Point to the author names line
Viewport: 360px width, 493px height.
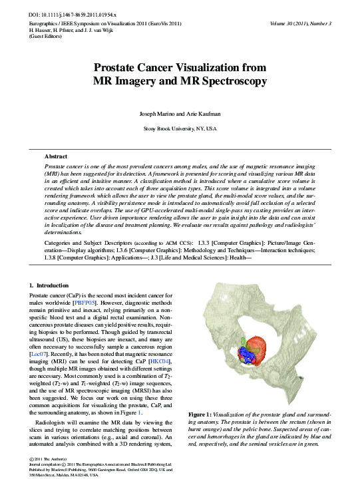coord(180,114)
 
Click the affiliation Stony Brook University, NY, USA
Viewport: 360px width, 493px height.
coord(180,128)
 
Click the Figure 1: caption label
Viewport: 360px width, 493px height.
coord(200,414)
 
